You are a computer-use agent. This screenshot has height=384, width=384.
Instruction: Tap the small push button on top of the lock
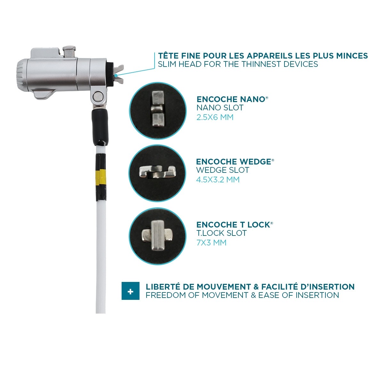[69, 52]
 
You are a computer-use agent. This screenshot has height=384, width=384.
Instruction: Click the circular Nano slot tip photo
[157, 110]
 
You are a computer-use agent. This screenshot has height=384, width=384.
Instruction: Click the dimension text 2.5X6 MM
[215, 117]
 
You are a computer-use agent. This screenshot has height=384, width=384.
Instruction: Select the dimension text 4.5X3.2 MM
[218, 180]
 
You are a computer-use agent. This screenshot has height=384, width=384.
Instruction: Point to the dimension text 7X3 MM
[211, 243]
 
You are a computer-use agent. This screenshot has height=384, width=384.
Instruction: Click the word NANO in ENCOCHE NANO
[252, 99]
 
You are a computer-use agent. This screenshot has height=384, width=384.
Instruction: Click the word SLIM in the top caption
[167, 64]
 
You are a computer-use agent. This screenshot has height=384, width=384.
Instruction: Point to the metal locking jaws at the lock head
[118, 74]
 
